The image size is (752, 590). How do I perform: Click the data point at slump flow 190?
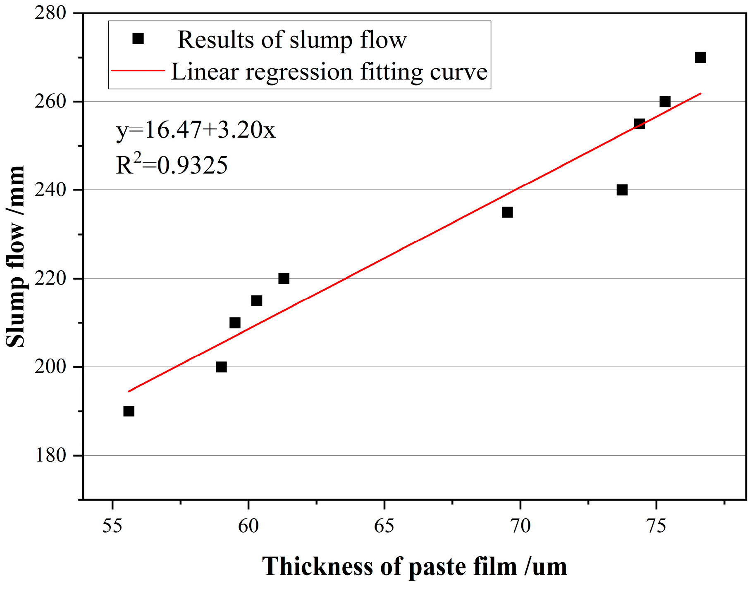click(x=129, y=411)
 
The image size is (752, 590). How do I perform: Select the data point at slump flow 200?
click(x=221, y=367)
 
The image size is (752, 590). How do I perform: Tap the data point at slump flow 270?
click(x=700, y=57)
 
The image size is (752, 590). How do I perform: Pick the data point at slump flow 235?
click(x=507, y=212)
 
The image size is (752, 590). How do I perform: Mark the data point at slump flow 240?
click(x=622, y=190)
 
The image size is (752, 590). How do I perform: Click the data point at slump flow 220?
click(x=284, y=278)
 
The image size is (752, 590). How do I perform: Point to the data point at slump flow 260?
click(x=665, y=102)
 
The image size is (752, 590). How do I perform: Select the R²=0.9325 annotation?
click(x=172, y=164)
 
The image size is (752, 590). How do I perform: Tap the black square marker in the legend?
click(x=138, y=39)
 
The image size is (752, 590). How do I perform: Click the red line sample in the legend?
click(x=138, y=71)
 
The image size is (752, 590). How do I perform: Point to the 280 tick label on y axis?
click(x=50, y=13)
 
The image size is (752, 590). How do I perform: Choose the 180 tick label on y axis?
click(x=50, y=455)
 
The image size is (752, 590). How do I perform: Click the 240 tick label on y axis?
click(x=50, y=190)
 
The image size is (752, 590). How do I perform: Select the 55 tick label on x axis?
click(x=112, y=526)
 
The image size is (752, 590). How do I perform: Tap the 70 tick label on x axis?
click(x=520, y=526)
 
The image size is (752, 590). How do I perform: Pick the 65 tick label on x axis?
click(x=384, y=526)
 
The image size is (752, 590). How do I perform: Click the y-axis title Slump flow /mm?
click(x=16, y=256)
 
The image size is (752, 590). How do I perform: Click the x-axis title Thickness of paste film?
click(x=414, y=566)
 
